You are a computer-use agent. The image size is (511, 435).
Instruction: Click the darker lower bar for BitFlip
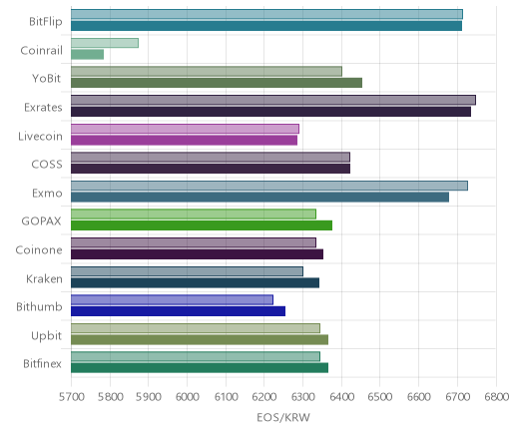click(x=266, y=26)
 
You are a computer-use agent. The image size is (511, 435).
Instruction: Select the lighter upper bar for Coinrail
click(x=105, y=43)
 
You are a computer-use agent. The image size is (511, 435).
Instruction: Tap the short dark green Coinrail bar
click(x=87, y=55)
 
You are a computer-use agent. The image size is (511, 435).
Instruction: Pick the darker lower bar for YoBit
click(x=217, y=83)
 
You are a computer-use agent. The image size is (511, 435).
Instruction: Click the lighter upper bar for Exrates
click(x=273, y=100)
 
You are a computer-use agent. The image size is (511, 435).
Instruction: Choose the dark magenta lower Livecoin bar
click(x=184, y=141)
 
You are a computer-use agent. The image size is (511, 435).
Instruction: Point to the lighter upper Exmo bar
click(x=269, y=186)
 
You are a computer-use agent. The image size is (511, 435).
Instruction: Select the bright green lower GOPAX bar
click(x=202, y=225)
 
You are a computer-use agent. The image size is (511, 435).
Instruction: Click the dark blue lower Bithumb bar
click(x=178, y=311)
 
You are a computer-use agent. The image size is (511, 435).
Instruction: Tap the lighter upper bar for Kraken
click(x=187, y=271)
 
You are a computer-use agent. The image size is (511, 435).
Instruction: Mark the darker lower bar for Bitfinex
click(x=200, y=368)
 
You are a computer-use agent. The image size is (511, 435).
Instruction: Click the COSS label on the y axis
click(x=47, y=165)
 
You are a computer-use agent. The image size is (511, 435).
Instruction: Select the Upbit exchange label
click(x=46, y=336)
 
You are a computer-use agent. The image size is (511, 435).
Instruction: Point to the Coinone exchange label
click(x=39, y=250)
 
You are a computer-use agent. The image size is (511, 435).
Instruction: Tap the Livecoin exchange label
click(x=40, y=136)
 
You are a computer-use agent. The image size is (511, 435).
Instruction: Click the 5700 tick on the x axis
click(x=71, y=397)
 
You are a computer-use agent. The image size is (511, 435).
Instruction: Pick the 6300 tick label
click(x=302, y=397)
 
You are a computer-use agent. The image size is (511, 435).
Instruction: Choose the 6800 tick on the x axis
click(x=496, y=397)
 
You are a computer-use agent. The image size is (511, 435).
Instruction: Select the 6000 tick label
click(x=187, y=397)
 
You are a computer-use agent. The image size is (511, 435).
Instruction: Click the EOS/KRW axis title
click(x=283, y=417)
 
